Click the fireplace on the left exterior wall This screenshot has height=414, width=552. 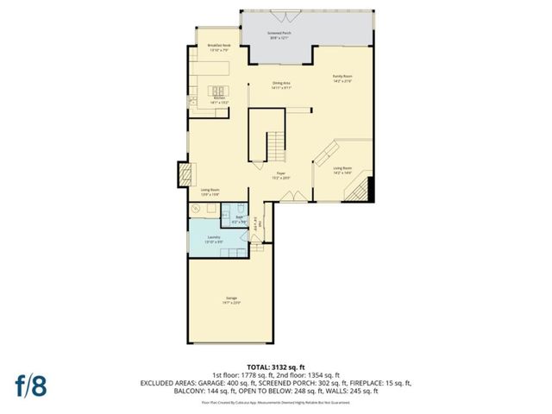click(183, 174)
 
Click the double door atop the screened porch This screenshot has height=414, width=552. click(279, 15)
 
